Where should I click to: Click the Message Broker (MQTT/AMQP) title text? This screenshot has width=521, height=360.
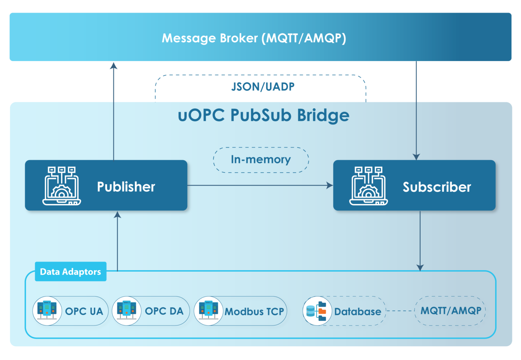[x=254, y=38]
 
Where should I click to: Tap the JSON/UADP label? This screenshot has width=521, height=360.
[x=263, y=87]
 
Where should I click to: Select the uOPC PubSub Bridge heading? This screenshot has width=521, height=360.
[x=264, y=115]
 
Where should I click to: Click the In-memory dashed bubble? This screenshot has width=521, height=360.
[x=260, y=159]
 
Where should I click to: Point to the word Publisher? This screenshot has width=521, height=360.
[x=126, y=187]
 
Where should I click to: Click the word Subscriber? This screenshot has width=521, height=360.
[x=437, y=187]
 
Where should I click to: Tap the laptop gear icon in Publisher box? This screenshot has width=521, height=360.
[x=61, y=186]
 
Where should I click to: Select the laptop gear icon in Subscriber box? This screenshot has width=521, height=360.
[x=369, y=186]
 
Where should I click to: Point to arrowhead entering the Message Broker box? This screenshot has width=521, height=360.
[x=114, y=65]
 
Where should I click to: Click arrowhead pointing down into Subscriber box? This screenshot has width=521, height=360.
[x=416, y=156]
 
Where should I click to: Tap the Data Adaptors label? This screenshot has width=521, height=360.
[x=70, y=272]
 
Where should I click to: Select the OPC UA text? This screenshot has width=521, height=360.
[x=84, y=311]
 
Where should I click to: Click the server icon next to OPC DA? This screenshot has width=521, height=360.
[x=127, y=311]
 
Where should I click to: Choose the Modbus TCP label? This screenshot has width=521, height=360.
[x=254, y=312]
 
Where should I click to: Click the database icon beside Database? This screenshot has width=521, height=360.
[x=317, y=311]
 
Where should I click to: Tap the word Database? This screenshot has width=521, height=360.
[x=358, y=312]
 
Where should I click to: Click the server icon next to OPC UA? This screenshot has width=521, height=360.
[x=47, y=311]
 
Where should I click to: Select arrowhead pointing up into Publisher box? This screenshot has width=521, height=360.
[x=117, y=215]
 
